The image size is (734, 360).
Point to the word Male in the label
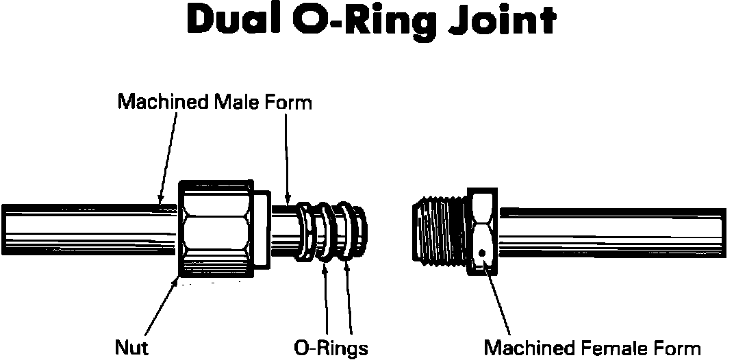pyautogui.click(x=240, y=103)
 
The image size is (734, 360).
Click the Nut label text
pyautogui.click(x=131, y=347)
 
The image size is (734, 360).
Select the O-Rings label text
pyautogui.click(x=331, y=347)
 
